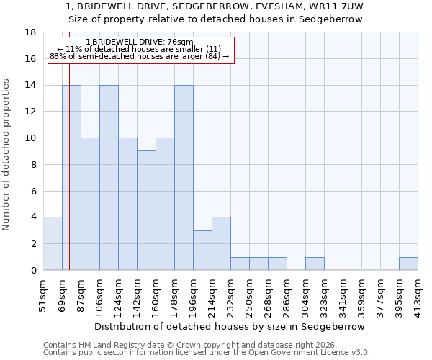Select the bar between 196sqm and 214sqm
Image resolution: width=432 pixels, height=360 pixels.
pos(202,250)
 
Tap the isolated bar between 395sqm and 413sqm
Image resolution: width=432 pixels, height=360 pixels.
pos(408,264)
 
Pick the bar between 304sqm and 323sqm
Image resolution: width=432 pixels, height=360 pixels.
pos(315,264)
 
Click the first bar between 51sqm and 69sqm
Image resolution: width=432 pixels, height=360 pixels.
pos(53,243)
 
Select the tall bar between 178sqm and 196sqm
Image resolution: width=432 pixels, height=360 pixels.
pos(184,178)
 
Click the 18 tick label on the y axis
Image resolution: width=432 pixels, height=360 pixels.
pos(30,32)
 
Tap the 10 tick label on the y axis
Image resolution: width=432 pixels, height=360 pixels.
pos(30,138)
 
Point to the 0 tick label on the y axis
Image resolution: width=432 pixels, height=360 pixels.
pos(33,271)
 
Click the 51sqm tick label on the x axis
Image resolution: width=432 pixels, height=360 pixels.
pos(44,292)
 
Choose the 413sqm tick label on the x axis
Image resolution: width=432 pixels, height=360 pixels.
pos(418,292)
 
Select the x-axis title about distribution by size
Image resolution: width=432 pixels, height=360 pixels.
pos(230,326)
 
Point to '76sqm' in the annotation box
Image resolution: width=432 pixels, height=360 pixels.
pos(179,42)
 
